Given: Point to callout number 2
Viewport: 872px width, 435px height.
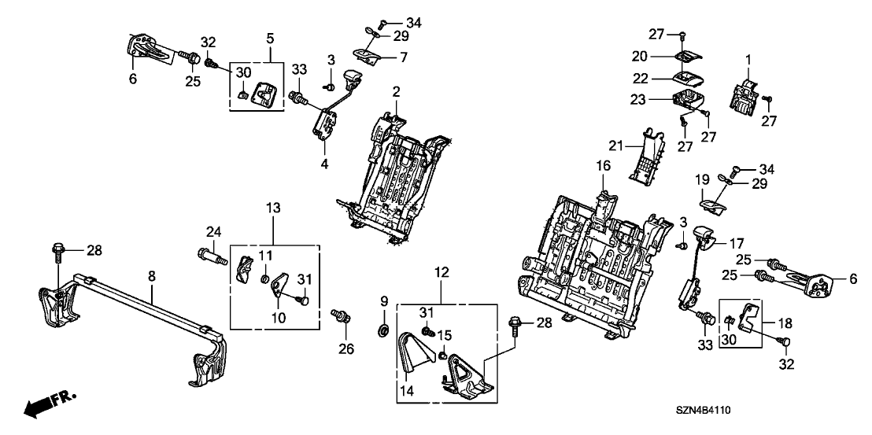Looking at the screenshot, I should tap(397, 92).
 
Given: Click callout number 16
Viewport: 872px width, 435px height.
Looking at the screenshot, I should tap(602, 166).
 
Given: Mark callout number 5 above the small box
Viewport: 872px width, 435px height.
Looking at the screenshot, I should tap(270, 38).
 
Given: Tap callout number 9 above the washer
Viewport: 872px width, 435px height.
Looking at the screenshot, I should tap(385, 301).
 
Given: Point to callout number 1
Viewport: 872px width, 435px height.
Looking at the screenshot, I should tap(748, 60).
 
